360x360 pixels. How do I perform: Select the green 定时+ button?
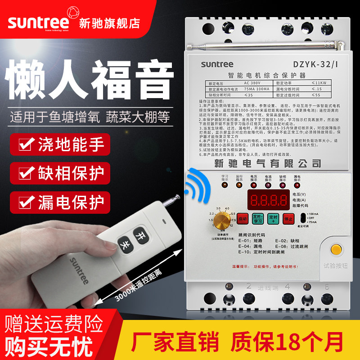[x=273, y=218]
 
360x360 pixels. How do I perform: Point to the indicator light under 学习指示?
[x=225, y=185]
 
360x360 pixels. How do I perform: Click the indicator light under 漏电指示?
[x=297, y=185]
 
